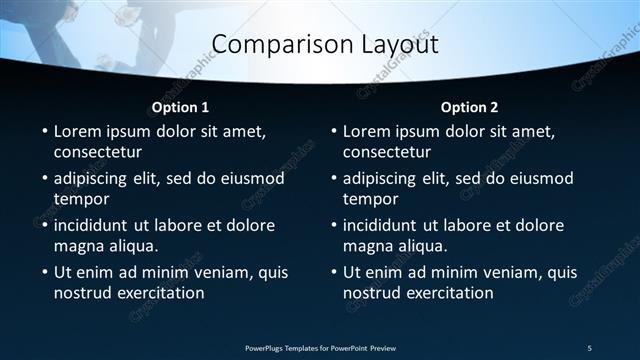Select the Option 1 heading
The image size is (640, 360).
tap(180, 107)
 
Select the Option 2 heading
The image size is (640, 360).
tap(469, 107)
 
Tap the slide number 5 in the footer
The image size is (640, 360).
tap(589, 347)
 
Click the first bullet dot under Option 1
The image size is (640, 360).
tap(44, 132)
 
